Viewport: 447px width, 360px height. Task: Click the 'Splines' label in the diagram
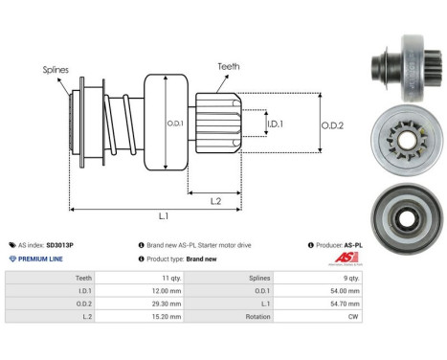coord(55,70)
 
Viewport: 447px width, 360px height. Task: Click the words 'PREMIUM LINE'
coord(39,259)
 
